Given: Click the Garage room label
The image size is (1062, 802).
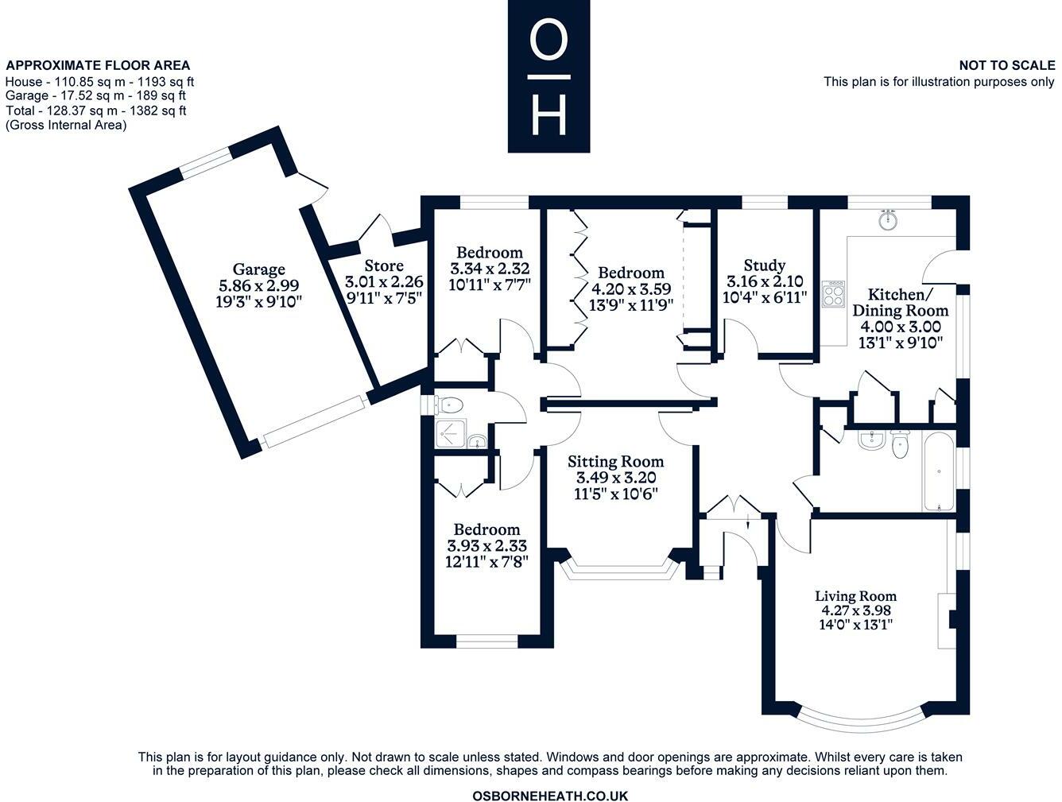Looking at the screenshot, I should point(258,269).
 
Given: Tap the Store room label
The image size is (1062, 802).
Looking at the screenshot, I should point(384,265).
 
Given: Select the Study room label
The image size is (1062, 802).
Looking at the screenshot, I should point(765,265).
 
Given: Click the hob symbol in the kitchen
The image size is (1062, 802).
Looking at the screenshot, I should point(834,294).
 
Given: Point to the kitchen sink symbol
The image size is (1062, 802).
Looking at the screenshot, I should point(888,219).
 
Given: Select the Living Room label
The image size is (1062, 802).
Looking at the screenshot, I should point(855,595).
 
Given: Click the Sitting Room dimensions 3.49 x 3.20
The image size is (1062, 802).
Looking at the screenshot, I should point(616,477).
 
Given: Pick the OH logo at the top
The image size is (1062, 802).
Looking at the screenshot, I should point(548,76).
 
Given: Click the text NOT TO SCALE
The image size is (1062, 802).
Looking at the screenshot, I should point(1006,66).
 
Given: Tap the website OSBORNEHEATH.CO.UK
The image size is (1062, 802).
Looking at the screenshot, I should point(550,795).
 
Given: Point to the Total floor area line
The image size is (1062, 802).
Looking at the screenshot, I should point(95,110).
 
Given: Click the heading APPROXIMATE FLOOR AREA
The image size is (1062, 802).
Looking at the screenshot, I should point(98,66).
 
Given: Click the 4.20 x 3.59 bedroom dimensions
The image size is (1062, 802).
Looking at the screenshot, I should point(631,289).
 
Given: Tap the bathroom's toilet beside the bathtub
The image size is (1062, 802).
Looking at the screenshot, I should point(900,445).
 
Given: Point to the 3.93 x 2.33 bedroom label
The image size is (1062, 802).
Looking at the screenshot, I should point(486,529).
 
